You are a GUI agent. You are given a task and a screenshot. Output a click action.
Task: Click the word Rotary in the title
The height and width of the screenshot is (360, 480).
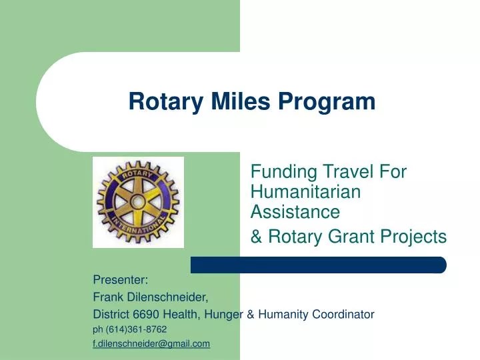(159, 101)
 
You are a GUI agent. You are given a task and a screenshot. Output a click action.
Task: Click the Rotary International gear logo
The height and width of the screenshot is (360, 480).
(138, 201)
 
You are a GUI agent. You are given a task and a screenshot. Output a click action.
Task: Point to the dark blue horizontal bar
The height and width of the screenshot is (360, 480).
(318, 265)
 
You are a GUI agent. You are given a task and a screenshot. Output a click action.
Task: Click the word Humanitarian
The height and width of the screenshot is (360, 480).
(305, 192)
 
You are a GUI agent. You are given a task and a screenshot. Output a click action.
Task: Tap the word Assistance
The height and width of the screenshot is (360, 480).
(295, 212)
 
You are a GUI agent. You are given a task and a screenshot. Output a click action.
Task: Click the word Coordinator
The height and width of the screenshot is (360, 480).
(342, 314)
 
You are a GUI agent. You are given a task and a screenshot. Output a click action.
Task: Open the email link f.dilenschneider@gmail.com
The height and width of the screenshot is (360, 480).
(151, 344)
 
